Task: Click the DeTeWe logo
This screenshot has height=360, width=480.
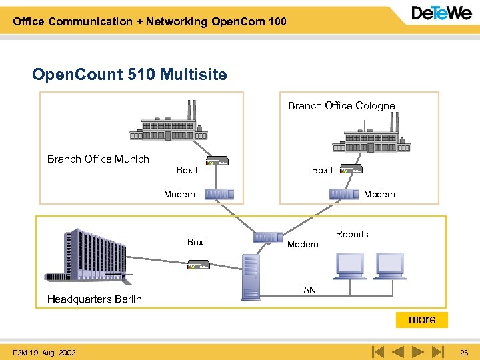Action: point(441,14)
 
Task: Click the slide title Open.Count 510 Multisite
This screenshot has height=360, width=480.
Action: point(129,74)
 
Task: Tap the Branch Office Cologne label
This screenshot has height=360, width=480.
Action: point(341,106)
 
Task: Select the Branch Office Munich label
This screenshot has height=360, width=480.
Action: point(98,159)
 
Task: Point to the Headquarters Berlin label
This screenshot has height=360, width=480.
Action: point(94,299)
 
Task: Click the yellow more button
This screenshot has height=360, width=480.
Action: point(422,320)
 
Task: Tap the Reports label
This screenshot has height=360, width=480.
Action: point(352,235)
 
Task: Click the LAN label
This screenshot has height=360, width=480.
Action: point(307,291)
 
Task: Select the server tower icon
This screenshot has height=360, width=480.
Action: point(251,276)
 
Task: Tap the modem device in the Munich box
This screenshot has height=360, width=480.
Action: point(219,194)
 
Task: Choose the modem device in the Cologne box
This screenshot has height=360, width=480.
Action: point(344,194)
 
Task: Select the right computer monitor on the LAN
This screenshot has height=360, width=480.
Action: point(389,265)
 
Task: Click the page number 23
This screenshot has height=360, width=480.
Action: point(464,353)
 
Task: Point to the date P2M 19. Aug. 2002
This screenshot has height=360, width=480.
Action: point(44,353)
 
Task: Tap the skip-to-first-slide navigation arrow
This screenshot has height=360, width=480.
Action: point(377,351)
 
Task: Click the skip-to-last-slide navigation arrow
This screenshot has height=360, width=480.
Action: point(437,351)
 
